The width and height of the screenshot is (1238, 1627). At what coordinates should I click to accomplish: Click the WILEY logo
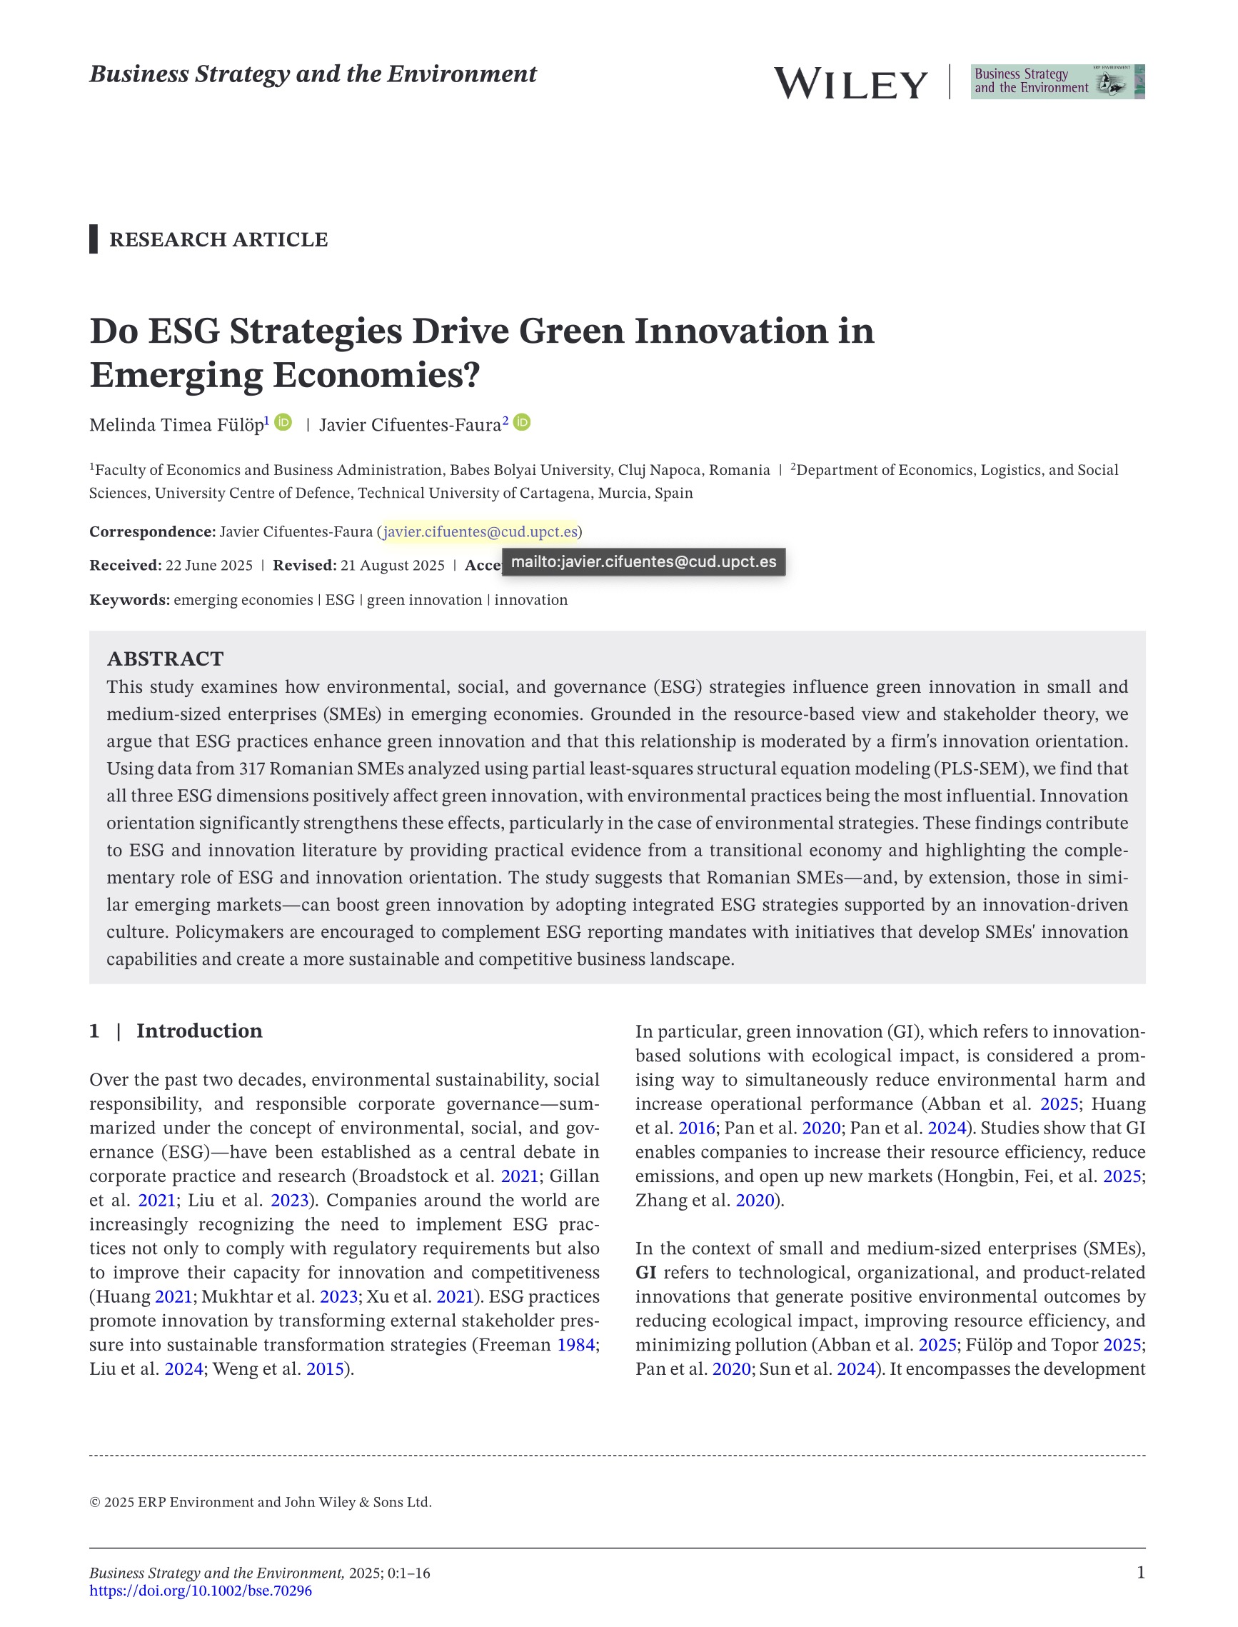(850, 84)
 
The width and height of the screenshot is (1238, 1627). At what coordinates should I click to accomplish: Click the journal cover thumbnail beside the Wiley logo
(1057, 82)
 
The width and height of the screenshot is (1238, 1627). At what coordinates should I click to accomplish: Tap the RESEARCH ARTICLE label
(218, 239)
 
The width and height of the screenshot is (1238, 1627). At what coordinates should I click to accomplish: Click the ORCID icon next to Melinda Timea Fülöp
(283, 422)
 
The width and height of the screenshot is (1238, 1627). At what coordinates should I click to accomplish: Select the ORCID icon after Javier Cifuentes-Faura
(522, 422)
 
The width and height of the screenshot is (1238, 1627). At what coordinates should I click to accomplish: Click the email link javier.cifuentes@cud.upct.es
(480, 531)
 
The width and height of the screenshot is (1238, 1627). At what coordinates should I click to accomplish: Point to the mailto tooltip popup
(643, 562)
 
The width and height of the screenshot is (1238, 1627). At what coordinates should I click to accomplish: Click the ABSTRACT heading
(165, 659)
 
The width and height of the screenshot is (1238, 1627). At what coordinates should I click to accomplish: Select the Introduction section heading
(199, 1031)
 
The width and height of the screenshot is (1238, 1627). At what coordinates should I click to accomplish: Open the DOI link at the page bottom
(201, 1591)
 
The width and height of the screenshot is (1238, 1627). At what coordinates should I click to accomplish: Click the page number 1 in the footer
(1141, 1573)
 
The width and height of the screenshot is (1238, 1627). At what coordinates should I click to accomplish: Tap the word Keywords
(129, 600)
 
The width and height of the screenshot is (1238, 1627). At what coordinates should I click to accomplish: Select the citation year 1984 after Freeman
(575, 1345)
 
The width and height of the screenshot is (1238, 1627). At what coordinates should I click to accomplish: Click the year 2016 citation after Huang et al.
(696, 1128)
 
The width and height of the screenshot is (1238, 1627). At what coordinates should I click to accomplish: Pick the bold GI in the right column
(645, 1273)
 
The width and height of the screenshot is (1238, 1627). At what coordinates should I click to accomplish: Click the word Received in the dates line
(124, 566)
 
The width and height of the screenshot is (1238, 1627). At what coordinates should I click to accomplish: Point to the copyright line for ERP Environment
(260, 1503)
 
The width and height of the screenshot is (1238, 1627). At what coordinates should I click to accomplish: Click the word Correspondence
(152, 531)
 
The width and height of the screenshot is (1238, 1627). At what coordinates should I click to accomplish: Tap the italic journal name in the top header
(313, 74)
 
